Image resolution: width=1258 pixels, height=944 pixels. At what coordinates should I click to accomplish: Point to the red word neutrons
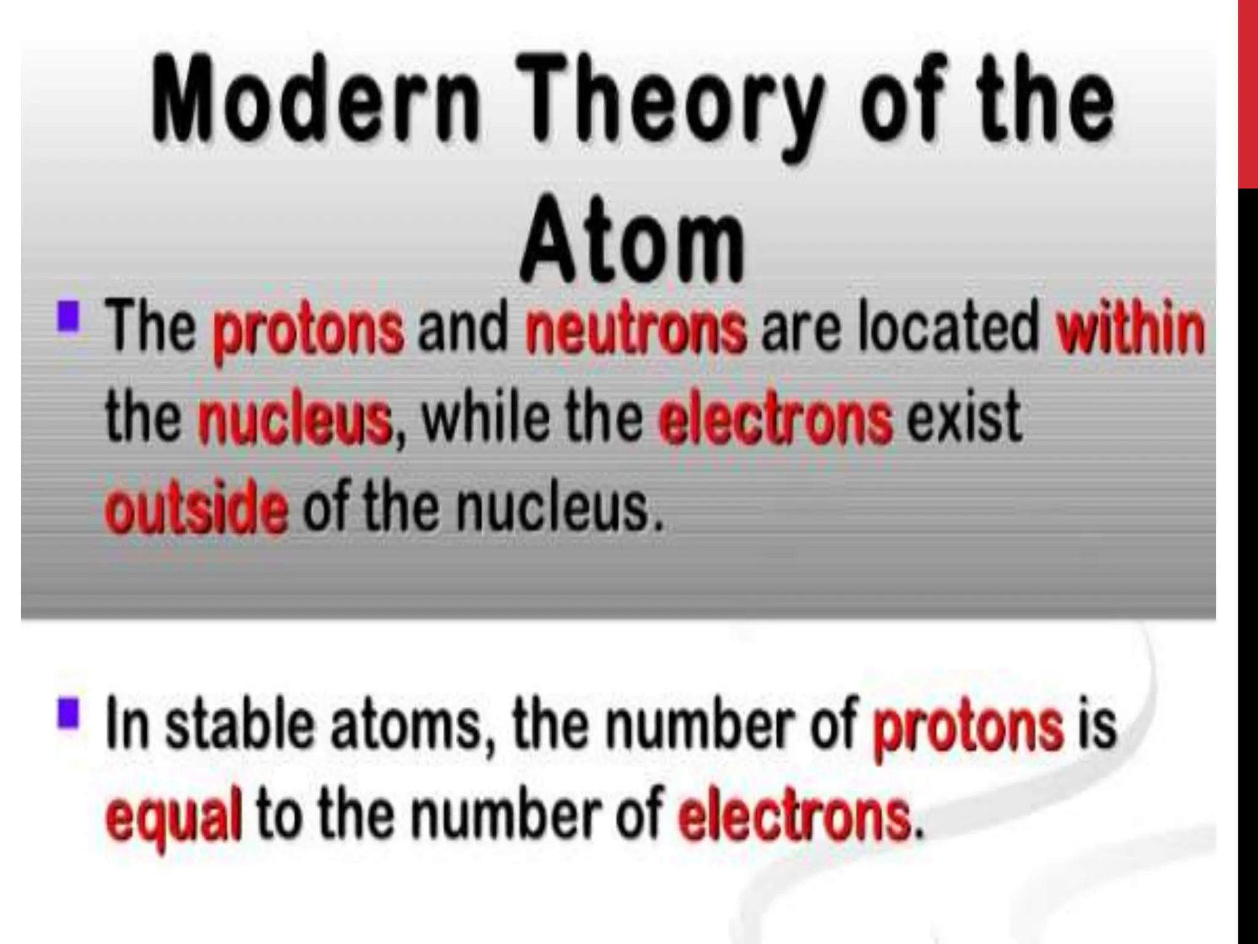coord(636,329)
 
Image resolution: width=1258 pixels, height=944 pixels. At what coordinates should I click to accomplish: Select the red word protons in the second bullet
coord(968,728)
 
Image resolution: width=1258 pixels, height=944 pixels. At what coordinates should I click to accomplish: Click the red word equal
coord(174,818)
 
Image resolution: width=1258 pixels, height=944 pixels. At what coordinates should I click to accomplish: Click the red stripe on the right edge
coord(1248,92)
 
